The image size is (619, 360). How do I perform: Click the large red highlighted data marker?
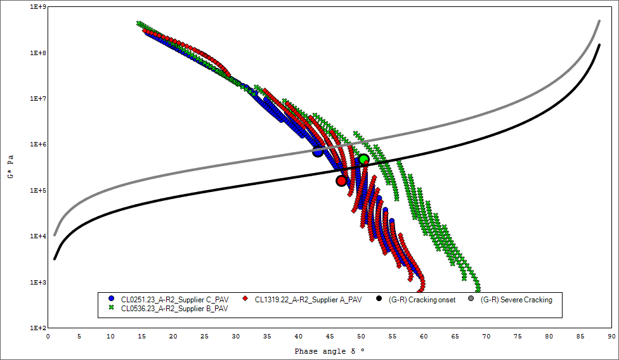[x=341, y=181]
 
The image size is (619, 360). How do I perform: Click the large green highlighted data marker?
[x=363, y=159]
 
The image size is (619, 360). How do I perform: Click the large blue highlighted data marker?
[x=318, y=151]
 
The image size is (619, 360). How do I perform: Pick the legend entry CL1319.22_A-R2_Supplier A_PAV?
[x=308, y=300]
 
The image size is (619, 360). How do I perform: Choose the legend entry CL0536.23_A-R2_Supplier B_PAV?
[x=174, y=309]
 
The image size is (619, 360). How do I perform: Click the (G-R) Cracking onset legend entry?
[x=422, y=300]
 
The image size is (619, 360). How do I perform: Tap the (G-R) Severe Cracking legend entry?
[x=516, y=300]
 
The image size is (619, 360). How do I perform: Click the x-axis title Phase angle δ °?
[x=330, y=350]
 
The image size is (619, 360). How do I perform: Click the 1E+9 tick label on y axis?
[x=38, y=8]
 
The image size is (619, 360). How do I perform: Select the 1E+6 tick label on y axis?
[x=38, y=145]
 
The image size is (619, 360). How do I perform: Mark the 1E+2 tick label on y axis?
[x=38, y=328]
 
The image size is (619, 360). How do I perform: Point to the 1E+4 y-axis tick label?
[x=38, y=236]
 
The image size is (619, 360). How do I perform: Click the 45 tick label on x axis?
[x=330, y=337]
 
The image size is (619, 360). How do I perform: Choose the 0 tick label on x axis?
[x=48, y=337]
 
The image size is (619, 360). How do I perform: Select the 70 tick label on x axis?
[x=486, y=337]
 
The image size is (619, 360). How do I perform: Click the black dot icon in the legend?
[x=379, y=299]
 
